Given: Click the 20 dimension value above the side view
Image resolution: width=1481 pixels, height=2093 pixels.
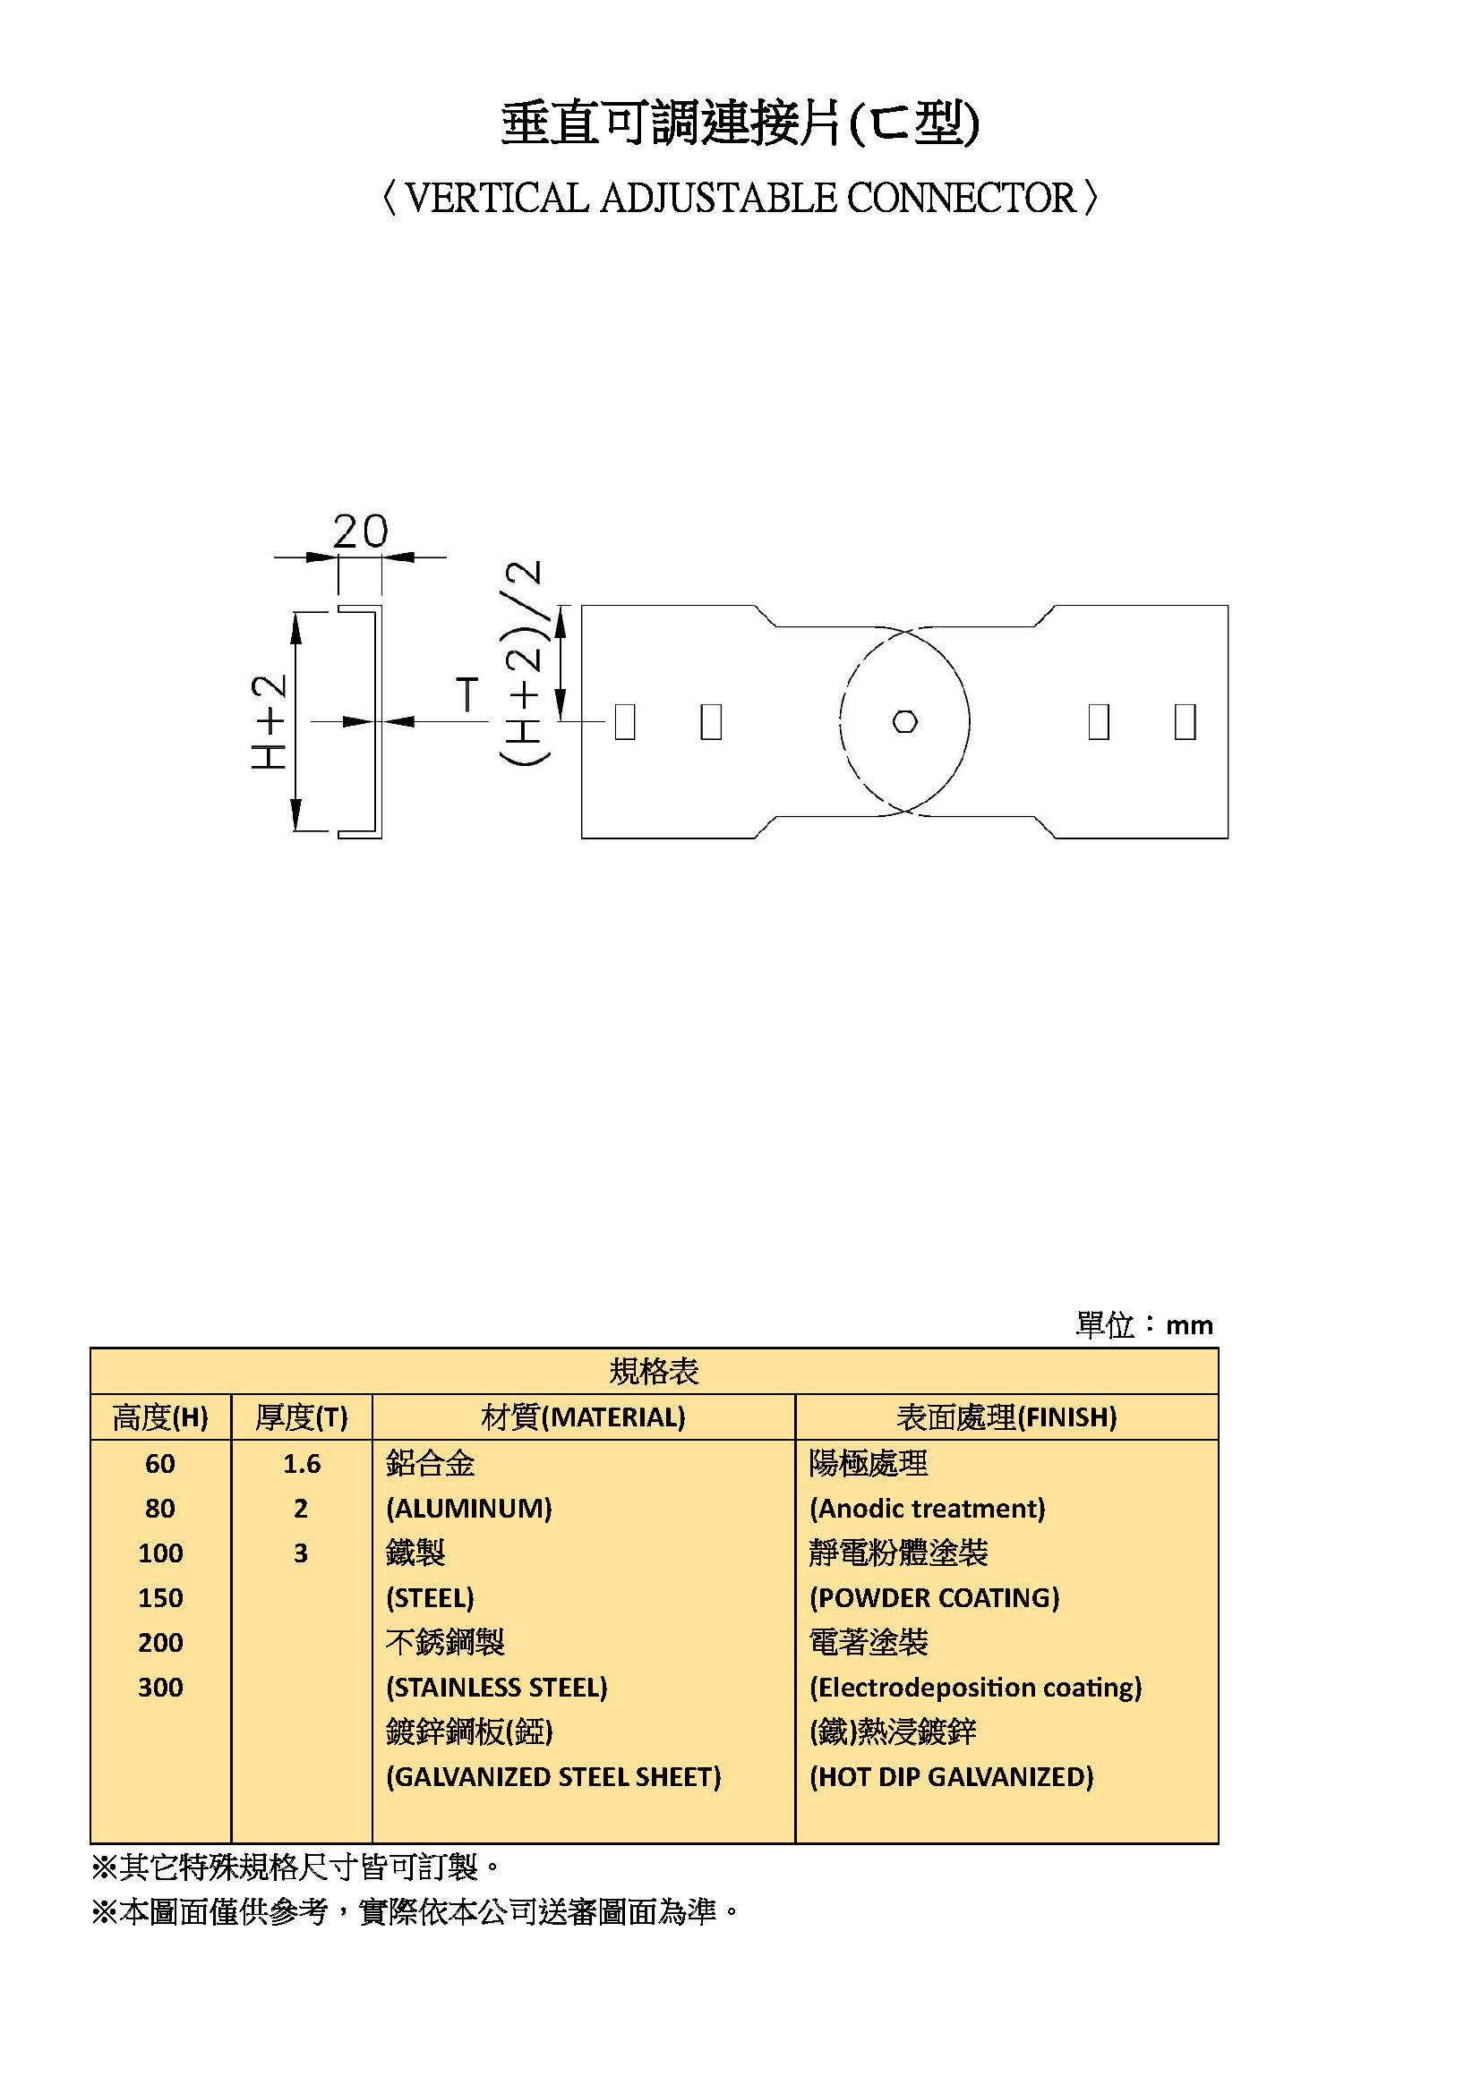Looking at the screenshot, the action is click(x=360, y=531).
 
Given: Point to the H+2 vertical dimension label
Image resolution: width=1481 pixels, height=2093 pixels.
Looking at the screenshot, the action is click(x=269, y=721).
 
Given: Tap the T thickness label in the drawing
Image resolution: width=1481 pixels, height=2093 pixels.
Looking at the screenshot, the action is click(x=467, y=694).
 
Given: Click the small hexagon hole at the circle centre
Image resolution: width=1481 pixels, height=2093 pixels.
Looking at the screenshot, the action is click(x=904, y=722).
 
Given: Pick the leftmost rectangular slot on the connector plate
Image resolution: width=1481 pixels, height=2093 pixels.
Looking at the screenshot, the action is click(x=625, y=721).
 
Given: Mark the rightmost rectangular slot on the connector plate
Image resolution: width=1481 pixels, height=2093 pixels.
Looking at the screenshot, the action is click(x=1186, y=721).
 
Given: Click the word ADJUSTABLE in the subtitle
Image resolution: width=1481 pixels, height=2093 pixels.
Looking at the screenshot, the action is click(x=718, y=198).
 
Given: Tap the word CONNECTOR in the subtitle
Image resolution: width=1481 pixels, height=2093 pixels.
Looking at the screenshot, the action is click(x=961, y=198).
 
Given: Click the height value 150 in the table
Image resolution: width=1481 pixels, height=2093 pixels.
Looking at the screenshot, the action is click(x=160, y=1597).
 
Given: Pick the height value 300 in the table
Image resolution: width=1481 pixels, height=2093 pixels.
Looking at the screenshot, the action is click(x=160, y=1687).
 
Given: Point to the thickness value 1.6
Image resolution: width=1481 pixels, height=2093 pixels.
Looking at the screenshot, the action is click(x=302, y=1463).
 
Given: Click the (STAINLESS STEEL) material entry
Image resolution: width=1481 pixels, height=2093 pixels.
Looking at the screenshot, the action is click(x=497, y=1688).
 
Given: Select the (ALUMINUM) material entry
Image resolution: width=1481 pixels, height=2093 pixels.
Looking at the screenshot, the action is click(x=468, y=1509).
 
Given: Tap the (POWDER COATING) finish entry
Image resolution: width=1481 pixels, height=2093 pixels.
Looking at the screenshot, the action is click(x=935, y=1598).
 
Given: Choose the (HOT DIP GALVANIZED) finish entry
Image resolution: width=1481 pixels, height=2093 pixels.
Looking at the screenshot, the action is click(x=951, y=1777).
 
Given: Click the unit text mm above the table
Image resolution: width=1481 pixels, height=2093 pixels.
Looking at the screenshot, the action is click(x=1189, y=1325).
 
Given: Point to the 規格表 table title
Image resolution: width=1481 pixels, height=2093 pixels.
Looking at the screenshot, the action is click(x=654, y=1372).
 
